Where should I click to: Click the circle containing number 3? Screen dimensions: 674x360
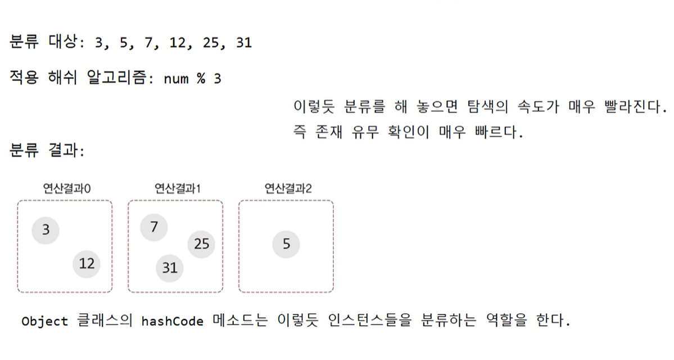click(46, 229)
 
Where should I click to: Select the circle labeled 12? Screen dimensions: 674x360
click(87, 263)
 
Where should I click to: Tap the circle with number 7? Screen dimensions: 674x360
click(154, 227)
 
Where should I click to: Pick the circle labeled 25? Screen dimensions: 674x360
click(201, 244)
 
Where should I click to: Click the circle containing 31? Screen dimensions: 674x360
click(170, 268)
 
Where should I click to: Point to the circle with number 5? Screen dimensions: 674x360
click(286, 244)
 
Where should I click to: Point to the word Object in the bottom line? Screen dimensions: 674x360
click(44, 322)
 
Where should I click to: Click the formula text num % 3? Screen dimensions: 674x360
click(192, 79)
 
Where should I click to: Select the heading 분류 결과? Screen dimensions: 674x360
click(46, 150)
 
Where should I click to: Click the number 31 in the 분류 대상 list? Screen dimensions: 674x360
click(243, 43)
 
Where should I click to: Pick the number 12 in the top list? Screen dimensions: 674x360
click(177, 43)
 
